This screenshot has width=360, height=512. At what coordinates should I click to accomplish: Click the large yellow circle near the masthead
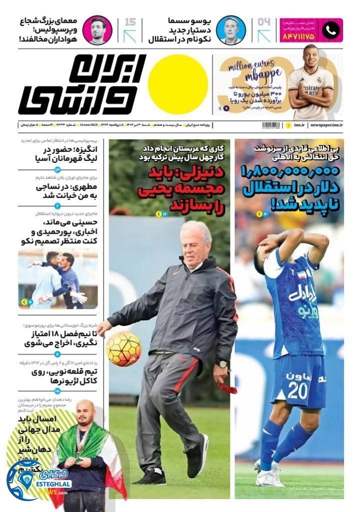177,84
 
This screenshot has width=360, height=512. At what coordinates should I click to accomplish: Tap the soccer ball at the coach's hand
123,348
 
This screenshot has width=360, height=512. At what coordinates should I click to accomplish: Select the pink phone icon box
330,30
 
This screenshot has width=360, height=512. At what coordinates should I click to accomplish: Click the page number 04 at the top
263,22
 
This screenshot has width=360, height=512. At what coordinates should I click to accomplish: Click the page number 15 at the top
129,22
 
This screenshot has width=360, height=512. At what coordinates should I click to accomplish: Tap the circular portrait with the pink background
97,30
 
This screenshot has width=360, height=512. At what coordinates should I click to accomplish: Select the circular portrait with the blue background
230,30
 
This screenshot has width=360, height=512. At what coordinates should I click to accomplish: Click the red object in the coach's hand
227,387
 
